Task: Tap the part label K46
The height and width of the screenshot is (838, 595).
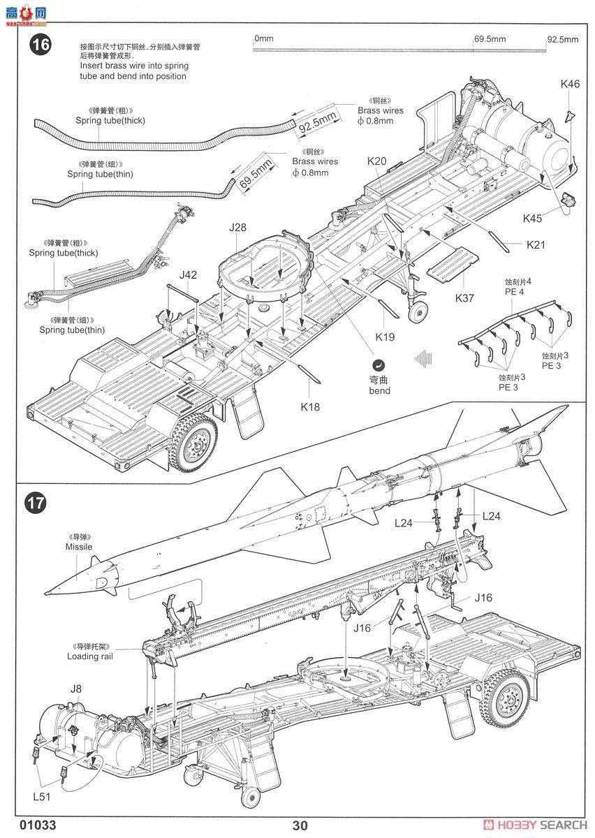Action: (570, 84)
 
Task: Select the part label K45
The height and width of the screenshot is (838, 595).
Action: (532, 218)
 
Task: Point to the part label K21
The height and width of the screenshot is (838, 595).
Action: (536, 245)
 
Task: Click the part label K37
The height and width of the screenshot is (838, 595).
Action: (464, 298)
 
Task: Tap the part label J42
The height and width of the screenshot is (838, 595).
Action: (188, 275)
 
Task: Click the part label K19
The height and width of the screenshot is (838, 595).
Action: (385, 337)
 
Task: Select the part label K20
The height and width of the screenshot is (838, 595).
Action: (376, 161)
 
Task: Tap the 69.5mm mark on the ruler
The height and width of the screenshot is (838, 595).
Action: (489, 39)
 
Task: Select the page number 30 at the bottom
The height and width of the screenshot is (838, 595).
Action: (300, 825)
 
